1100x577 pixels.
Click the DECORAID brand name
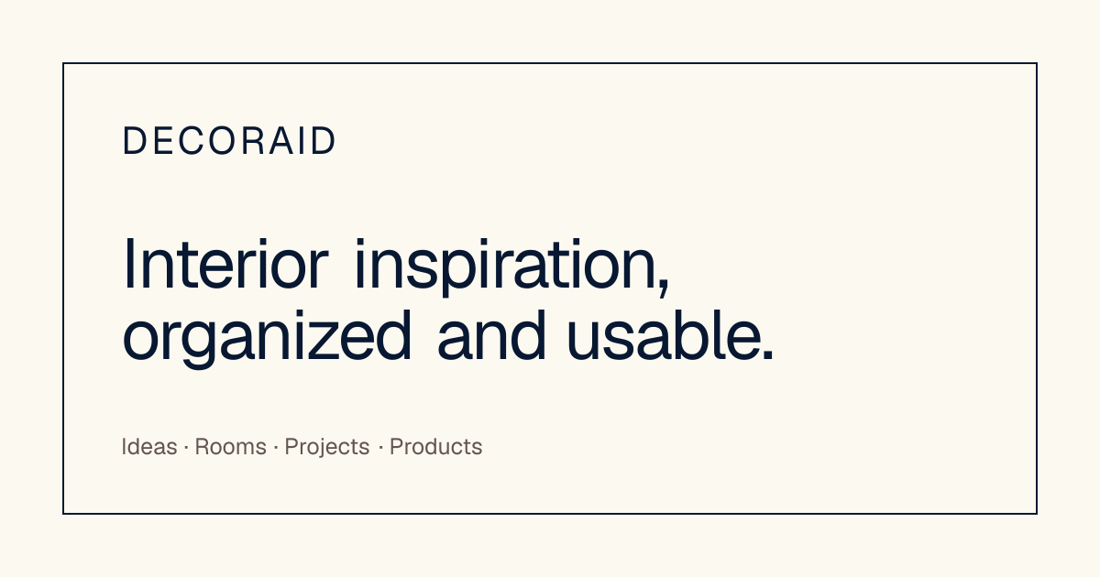229,141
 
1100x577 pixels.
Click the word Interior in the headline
225,264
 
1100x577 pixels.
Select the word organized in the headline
267,339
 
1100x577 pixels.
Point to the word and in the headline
491,335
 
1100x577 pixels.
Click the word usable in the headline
665,335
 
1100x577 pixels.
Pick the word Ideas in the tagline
149,447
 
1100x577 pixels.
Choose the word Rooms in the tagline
231,447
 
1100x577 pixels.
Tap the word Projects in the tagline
327,448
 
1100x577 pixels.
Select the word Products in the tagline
436,447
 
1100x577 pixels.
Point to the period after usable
768,356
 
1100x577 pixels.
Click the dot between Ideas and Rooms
186,448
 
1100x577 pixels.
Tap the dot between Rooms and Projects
276,448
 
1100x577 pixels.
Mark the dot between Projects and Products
380,448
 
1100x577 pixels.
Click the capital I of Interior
129,264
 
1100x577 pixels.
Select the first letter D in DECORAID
134,141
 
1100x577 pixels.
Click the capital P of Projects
291,447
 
